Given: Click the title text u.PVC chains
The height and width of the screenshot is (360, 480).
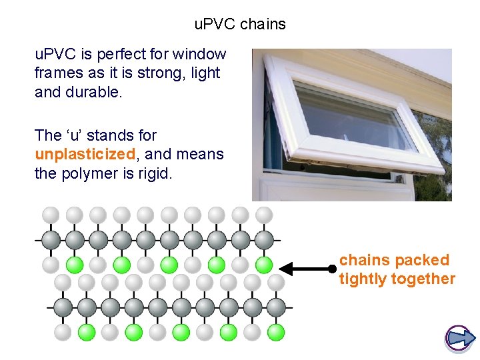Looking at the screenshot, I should (x=240, y=25).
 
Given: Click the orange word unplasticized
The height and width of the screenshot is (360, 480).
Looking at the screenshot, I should (x=85, y=155).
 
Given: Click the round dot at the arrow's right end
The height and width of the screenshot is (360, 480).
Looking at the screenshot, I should (x=332, y=269).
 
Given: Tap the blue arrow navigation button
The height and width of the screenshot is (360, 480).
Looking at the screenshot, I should (x=459, y=339).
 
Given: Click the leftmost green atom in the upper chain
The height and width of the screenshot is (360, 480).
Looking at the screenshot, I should (x=75, y=265).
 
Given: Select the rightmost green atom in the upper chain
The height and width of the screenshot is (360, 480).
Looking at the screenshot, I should (x=264, y=265).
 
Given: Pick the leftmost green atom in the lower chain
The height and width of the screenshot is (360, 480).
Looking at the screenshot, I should (x=86, y=331).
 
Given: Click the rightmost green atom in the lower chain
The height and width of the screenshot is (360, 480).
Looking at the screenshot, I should (x=276, y=331).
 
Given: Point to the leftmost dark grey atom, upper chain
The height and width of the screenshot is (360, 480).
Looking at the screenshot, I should (x=51, y=239).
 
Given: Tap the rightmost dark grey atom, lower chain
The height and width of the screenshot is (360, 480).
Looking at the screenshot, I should (x=276, y=307).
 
